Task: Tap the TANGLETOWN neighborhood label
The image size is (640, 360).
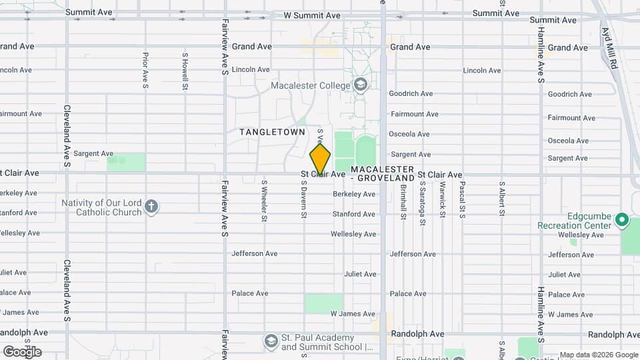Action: (273, 132)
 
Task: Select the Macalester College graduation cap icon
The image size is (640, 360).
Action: (360, 85)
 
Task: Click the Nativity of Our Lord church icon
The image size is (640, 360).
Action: (151, 206)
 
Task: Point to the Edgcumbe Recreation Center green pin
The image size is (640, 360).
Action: (621, 219)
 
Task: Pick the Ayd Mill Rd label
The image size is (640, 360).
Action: (610, 48)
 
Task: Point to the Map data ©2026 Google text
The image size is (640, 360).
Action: (599, 355)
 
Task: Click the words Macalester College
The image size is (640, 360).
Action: (310, 85)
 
